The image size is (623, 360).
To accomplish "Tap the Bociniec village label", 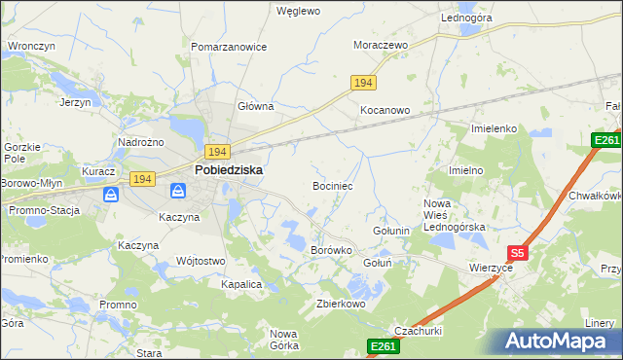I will click(x=339, y=185).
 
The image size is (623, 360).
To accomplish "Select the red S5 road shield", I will click(x=518, y=253).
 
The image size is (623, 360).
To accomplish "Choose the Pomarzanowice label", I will click(x=229, y=47).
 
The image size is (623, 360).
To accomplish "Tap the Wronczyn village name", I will click(x=30, y=46).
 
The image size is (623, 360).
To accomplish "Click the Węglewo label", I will click(x=298, y=12).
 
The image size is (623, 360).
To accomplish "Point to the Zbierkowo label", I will click(x=341, y=304).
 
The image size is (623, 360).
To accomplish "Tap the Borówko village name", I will click(x=330, y=250).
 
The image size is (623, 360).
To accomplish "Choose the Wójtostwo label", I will click(x=201, y=261).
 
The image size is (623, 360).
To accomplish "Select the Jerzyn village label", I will click(x=75, y=102).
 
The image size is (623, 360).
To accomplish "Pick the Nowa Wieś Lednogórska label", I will click(x=454, y=215).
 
